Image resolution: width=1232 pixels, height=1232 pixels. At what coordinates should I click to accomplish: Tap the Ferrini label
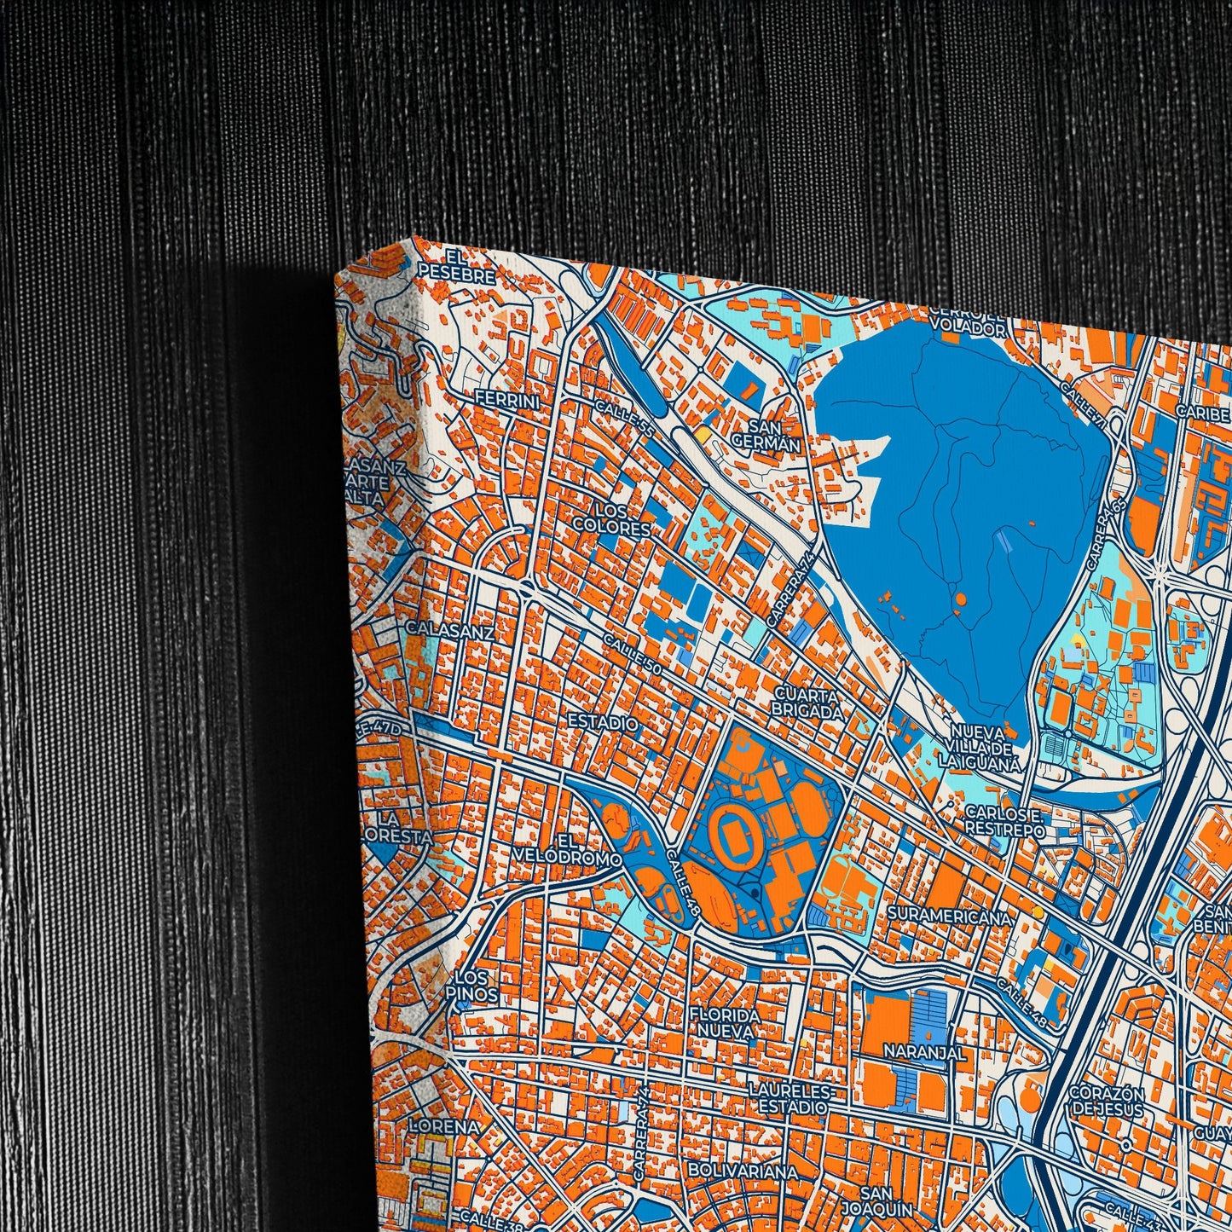(x=507, y=400)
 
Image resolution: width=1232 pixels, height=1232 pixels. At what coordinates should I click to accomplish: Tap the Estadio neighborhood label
(x=603, y=723)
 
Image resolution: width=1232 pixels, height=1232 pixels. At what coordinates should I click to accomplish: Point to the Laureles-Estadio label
(x=788, y=1099)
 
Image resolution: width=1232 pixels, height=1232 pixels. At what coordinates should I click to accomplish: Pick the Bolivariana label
(x=743, y=1171)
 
